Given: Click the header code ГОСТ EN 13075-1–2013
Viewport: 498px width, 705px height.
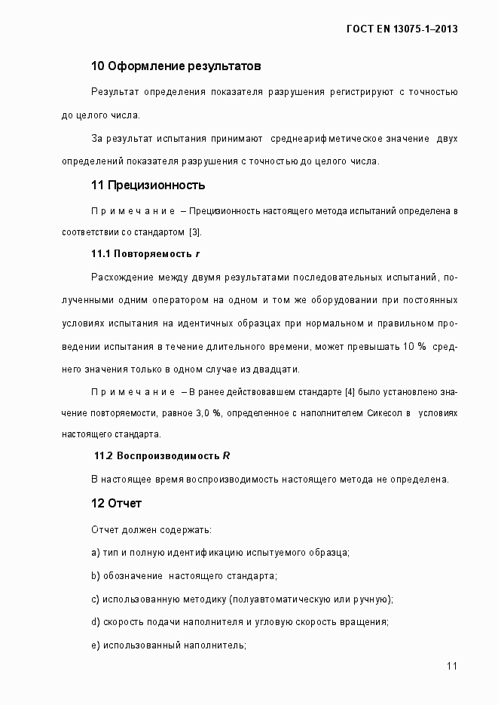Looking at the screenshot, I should (x=403, y=29).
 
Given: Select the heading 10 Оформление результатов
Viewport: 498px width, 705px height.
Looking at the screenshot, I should (x=176, y=66).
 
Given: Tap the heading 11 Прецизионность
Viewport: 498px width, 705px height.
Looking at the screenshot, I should (x=148, y=185).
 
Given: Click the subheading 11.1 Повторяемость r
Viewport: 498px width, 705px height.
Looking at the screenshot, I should (x=145, y=253).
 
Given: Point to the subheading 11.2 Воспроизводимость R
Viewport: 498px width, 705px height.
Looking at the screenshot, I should (x=162, y=456).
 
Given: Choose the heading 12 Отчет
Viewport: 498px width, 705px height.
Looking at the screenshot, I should (x=116, y=503).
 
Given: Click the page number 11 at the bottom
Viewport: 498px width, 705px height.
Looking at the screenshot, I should (x=452, y=666).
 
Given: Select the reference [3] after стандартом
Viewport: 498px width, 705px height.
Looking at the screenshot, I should (x=195, y=231).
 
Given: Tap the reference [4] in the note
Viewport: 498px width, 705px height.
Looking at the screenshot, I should (x=350, y=393).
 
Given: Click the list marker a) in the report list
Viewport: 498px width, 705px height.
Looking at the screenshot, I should (x=96, y=553).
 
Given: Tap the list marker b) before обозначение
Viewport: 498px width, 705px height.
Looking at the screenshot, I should (x=96, y=576).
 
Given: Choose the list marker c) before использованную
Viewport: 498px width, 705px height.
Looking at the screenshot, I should (x=96, y=599).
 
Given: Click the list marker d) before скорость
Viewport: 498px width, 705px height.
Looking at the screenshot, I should (x=96, y=622).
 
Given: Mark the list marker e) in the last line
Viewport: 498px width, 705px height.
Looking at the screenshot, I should (x=96, y=645).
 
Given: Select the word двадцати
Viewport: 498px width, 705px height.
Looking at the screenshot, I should (x=276, y=369).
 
